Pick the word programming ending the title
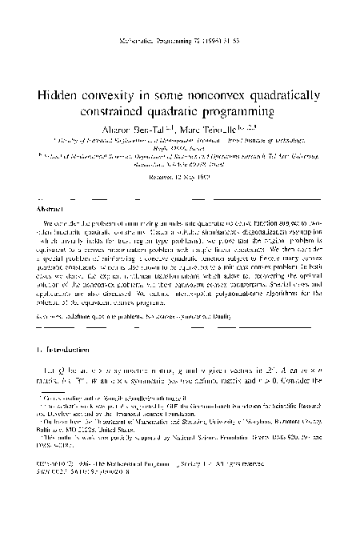coord(254,110)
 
